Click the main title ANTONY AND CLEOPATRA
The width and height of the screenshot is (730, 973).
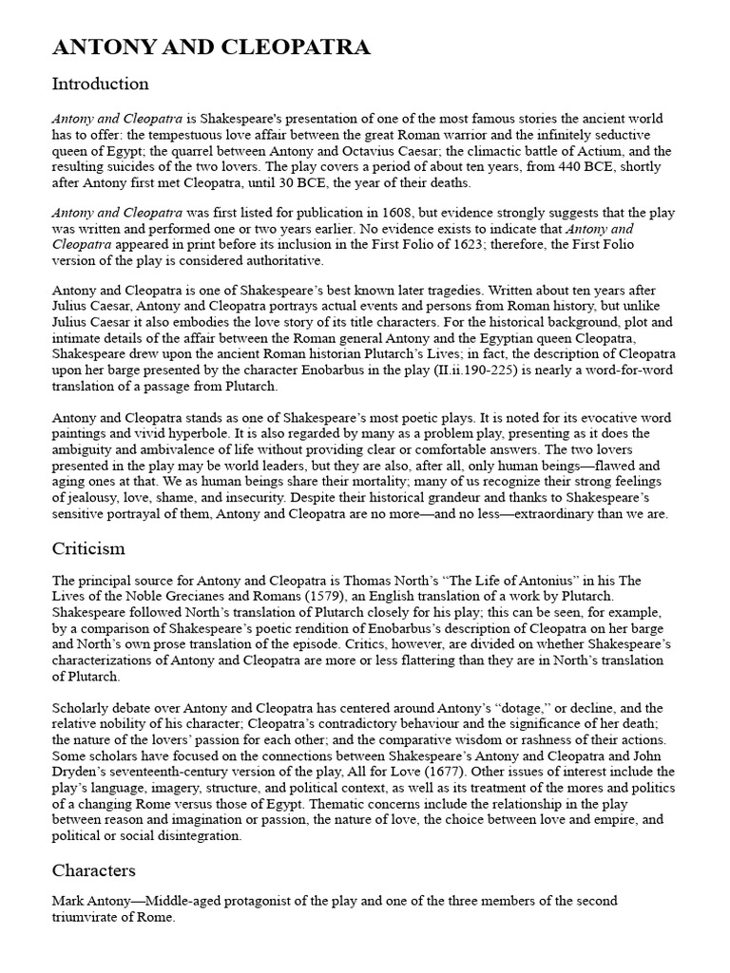point(210,48)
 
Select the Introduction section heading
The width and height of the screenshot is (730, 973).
point(100,84)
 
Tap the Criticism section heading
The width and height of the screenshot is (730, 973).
point(88,548)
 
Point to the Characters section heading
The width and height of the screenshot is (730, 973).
point(94,870)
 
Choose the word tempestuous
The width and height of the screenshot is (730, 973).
point(157,135)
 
